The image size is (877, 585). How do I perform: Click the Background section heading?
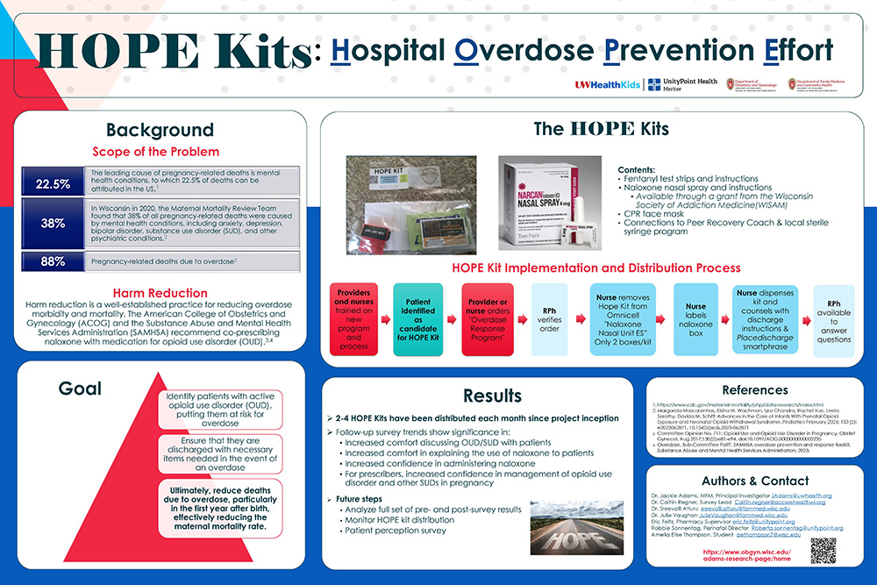[160, 130]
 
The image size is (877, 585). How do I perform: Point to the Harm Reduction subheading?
[160, 293]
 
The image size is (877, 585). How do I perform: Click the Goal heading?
[79, 388]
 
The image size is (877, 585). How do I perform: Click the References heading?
[754, 389]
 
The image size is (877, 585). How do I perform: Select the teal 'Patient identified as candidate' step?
[417, 318]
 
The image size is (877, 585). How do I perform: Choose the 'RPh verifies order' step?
[549, 318]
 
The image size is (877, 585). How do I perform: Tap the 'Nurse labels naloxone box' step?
[695, 318]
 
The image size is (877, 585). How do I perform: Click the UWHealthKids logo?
[608, 84]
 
